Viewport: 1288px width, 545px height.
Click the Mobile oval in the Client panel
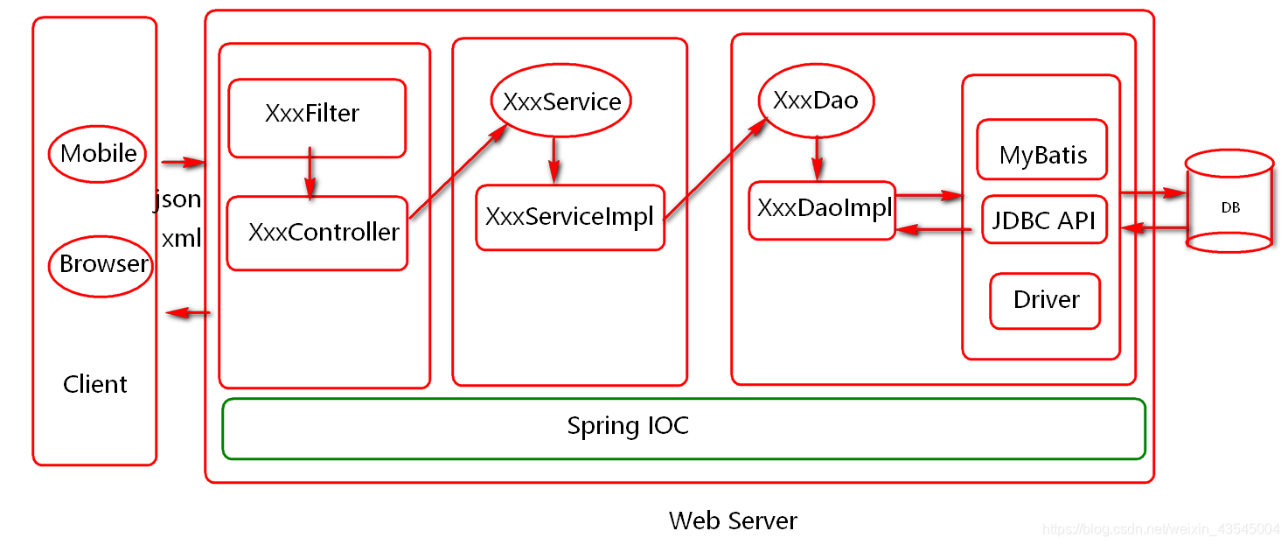pyautogui.click(x=98, y=154)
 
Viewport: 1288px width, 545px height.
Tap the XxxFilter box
pyautogui.click(x=317, y=117)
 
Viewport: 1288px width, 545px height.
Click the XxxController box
pyautogui.click(x=317, y=233)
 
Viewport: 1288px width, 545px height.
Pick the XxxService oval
pyautogui.click(x=560, y=102)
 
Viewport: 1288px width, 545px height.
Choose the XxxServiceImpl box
pyautogui.click(x=569, y=217)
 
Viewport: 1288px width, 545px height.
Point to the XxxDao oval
pyautogui.click(x=816, y=101)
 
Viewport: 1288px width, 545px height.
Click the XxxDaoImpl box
pyautogui.click(x=822, y=210)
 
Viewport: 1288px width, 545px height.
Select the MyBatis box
pyautogui.click(x=1042, y=155)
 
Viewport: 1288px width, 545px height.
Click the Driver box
pyautogui.click(x=1045, y=301)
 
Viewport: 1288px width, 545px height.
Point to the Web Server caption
pyautogui.click(x=733, y=521)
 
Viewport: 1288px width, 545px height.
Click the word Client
pyautogui.click(x=95, y=385)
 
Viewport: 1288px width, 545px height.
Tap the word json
pyautogui.click(x=178, y=200)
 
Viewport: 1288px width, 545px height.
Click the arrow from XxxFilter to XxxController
pyautogui.click(x=310, y=176)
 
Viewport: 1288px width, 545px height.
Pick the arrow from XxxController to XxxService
pyautogui.click(x=457, y=170)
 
